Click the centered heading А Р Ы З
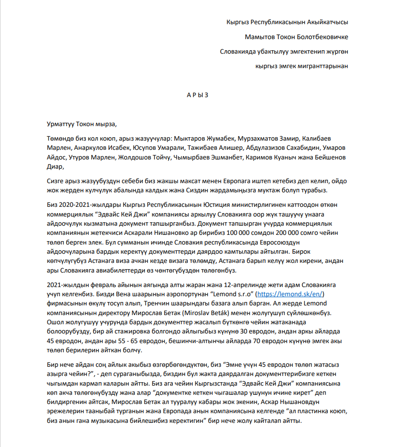coord(197,95)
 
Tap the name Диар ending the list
coord(55,167)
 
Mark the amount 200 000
coord(315,232)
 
